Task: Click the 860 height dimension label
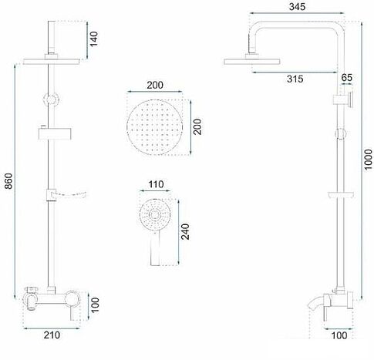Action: (8, 181)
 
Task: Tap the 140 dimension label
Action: (94, 39)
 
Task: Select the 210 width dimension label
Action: (52, 335)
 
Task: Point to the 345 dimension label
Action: (297, 7)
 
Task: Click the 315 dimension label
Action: (295, 79)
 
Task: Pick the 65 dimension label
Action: (347, 77)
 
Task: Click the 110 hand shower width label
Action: (156, 184)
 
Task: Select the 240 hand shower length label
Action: (185, 232)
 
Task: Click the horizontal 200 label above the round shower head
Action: (155, 85)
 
